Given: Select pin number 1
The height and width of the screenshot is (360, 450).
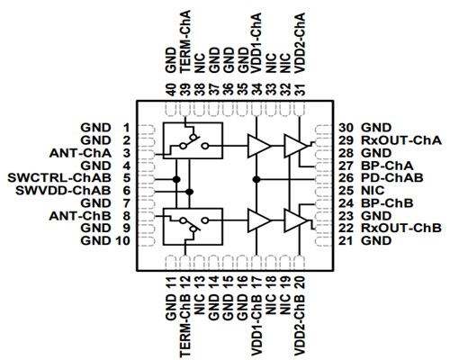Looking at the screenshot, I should click(x=127, y=128).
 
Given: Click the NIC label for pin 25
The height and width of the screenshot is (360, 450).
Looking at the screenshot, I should click(x=379, y=191).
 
